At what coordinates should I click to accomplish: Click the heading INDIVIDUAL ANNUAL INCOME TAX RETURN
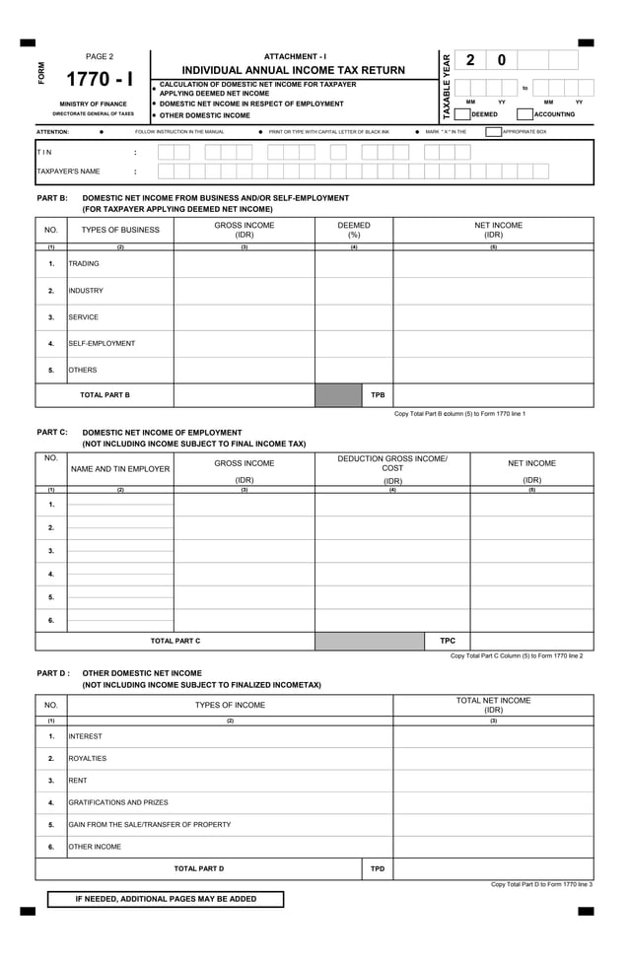click(x=294, y=70)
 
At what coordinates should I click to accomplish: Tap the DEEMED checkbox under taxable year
click(x=461, y=114)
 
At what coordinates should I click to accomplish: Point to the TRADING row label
click(x=84, y=264)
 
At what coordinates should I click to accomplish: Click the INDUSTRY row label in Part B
click(x=86, y=291)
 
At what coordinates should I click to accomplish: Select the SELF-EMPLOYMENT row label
click(x=102, y=344)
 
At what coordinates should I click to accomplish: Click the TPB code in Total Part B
click(x=378, y=395)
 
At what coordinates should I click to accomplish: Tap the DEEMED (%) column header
click(x=354, y=231)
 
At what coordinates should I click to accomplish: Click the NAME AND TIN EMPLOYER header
click(x=120, y=469)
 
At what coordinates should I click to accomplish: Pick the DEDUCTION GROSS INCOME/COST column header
click(x=392, y=463)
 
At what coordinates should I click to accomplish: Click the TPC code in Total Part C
click(x=447, y=641)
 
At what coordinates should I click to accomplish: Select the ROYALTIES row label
click(x=88, y=759)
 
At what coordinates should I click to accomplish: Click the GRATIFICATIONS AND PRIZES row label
click(x=118, y=802)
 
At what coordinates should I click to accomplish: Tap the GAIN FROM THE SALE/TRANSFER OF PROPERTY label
click(x=150, y=824)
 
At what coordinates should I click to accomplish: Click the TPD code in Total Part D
click(x=378, y=869)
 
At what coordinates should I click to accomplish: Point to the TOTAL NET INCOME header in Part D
click(x=493, y=705)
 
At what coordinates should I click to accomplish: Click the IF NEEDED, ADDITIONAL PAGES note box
click(x=166, y=899)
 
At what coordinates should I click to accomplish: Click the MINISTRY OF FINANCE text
click(x=94, y=103)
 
